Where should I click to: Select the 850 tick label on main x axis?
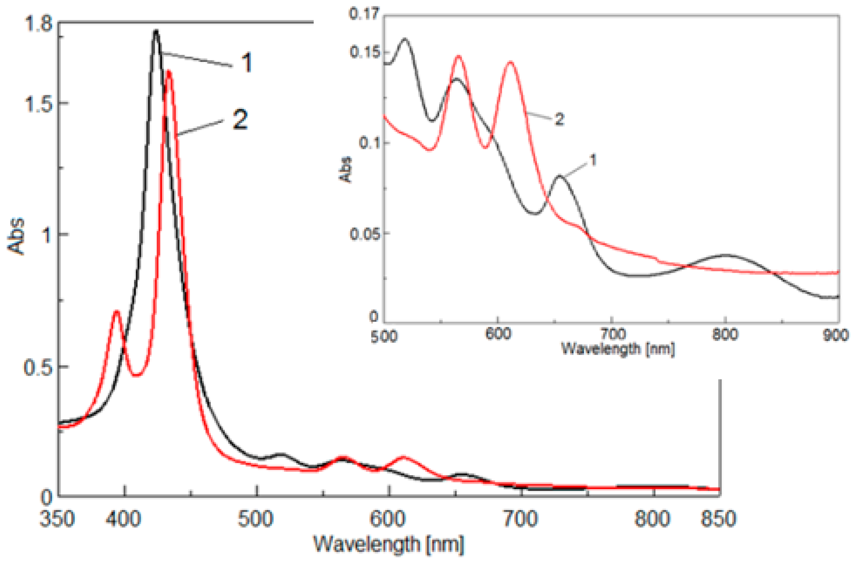718,519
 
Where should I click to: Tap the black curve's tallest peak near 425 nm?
156,31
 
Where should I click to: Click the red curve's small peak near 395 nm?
116,311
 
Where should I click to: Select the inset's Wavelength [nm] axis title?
618,349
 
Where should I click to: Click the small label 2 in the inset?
560,119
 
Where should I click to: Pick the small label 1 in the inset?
593,160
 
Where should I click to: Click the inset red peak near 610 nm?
510,62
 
